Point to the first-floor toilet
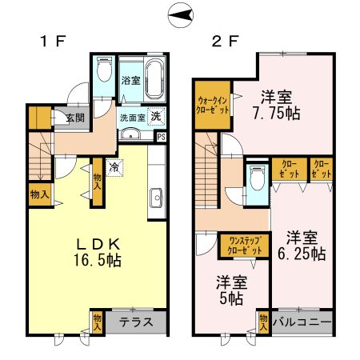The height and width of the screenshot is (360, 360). click(103, 72)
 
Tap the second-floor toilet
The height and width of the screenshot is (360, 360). click(256, 178)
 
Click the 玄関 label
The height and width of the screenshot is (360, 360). click(75, 118)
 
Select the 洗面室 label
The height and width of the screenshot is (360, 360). click(130, 117)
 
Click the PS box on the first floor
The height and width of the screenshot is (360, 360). click(162, 136)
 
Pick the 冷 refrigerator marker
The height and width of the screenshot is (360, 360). click(115, 168)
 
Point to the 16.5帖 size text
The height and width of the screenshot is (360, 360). click(98, 260)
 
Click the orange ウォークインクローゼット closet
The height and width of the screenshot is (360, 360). click(212, 105)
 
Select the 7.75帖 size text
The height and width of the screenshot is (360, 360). click(281, 114)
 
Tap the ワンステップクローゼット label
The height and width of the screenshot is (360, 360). click(244, 246)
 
